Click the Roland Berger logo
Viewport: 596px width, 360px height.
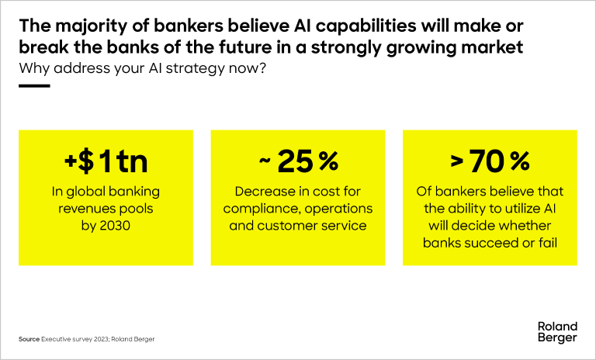click(556, 332)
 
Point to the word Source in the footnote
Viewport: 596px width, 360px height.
click(29, 340)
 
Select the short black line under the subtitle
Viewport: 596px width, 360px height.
click(34, 86)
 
